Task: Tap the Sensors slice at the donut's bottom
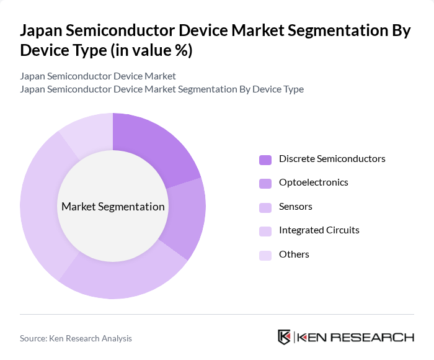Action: tap(124, 276)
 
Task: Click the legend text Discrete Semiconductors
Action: tap(332, 159)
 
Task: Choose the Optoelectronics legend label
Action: tap(313, 182)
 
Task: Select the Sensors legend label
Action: tap(295, 207)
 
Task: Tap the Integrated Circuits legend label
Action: tap(319, 230)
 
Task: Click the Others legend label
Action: tap(294, 254)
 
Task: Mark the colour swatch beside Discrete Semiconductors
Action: tap(265, 160)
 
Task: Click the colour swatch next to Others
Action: tap(265, 255)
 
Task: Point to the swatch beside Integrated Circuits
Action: tap(265, 231)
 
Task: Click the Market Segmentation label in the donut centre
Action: tap(113, 207)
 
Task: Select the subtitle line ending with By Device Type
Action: tap(162, 89)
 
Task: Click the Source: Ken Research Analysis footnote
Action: tap(76, 338)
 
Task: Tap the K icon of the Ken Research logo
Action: tap(284, 337)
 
